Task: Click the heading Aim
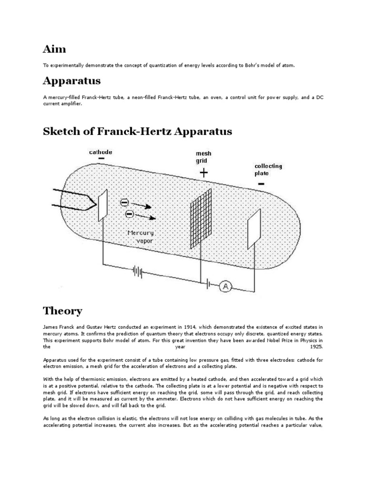55,49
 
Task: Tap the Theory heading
62,311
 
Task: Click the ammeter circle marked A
225,273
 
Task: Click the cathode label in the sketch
101,152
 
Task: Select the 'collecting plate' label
268,170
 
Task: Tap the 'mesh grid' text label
203,157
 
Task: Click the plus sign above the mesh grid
203,173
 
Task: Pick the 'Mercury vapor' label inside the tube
141,237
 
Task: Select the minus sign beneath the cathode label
102,160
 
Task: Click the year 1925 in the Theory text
316,347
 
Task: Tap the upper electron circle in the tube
124,203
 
